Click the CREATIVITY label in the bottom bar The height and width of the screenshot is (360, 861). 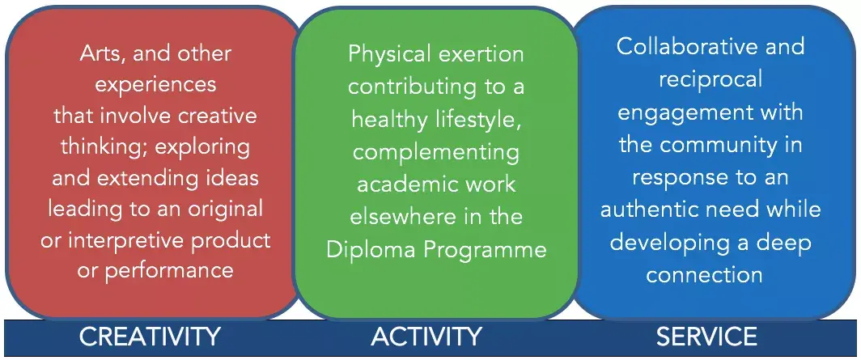tap(150, 337)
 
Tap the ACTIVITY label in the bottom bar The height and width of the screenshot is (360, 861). tap(426, 337)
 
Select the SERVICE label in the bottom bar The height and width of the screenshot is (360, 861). tap(706, 337)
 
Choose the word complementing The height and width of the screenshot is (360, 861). tap(436, 150)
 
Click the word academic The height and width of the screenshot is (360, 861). tap(404, 184)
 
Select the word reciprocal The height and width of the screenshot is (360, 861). tap(710, 80)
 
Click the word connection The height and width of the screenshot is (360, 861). tap(705, 274)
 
